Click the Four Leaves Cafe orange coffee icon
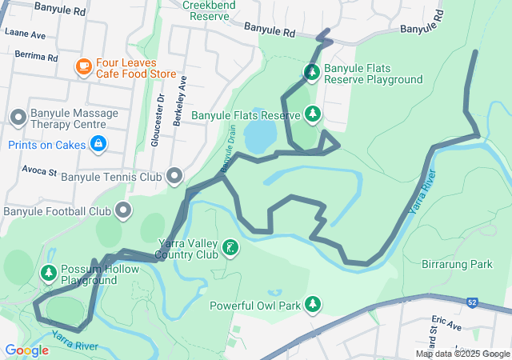tap(83, 67)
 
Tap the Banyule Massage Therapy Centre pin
tap(18, 118)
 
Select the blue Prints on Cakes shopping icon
tap(97, 144)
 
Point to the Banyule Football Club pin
tap(123, 211)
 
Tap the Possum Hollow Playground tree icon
tap(49, 274)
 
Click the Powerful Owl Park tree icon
tap(313, 304)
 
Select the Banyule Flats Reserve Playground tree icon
tap(311, 74)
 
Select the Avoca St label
tap(39, 171)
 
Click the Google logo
tap(26, 350)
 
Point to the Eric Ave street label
tap(446, 327)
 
